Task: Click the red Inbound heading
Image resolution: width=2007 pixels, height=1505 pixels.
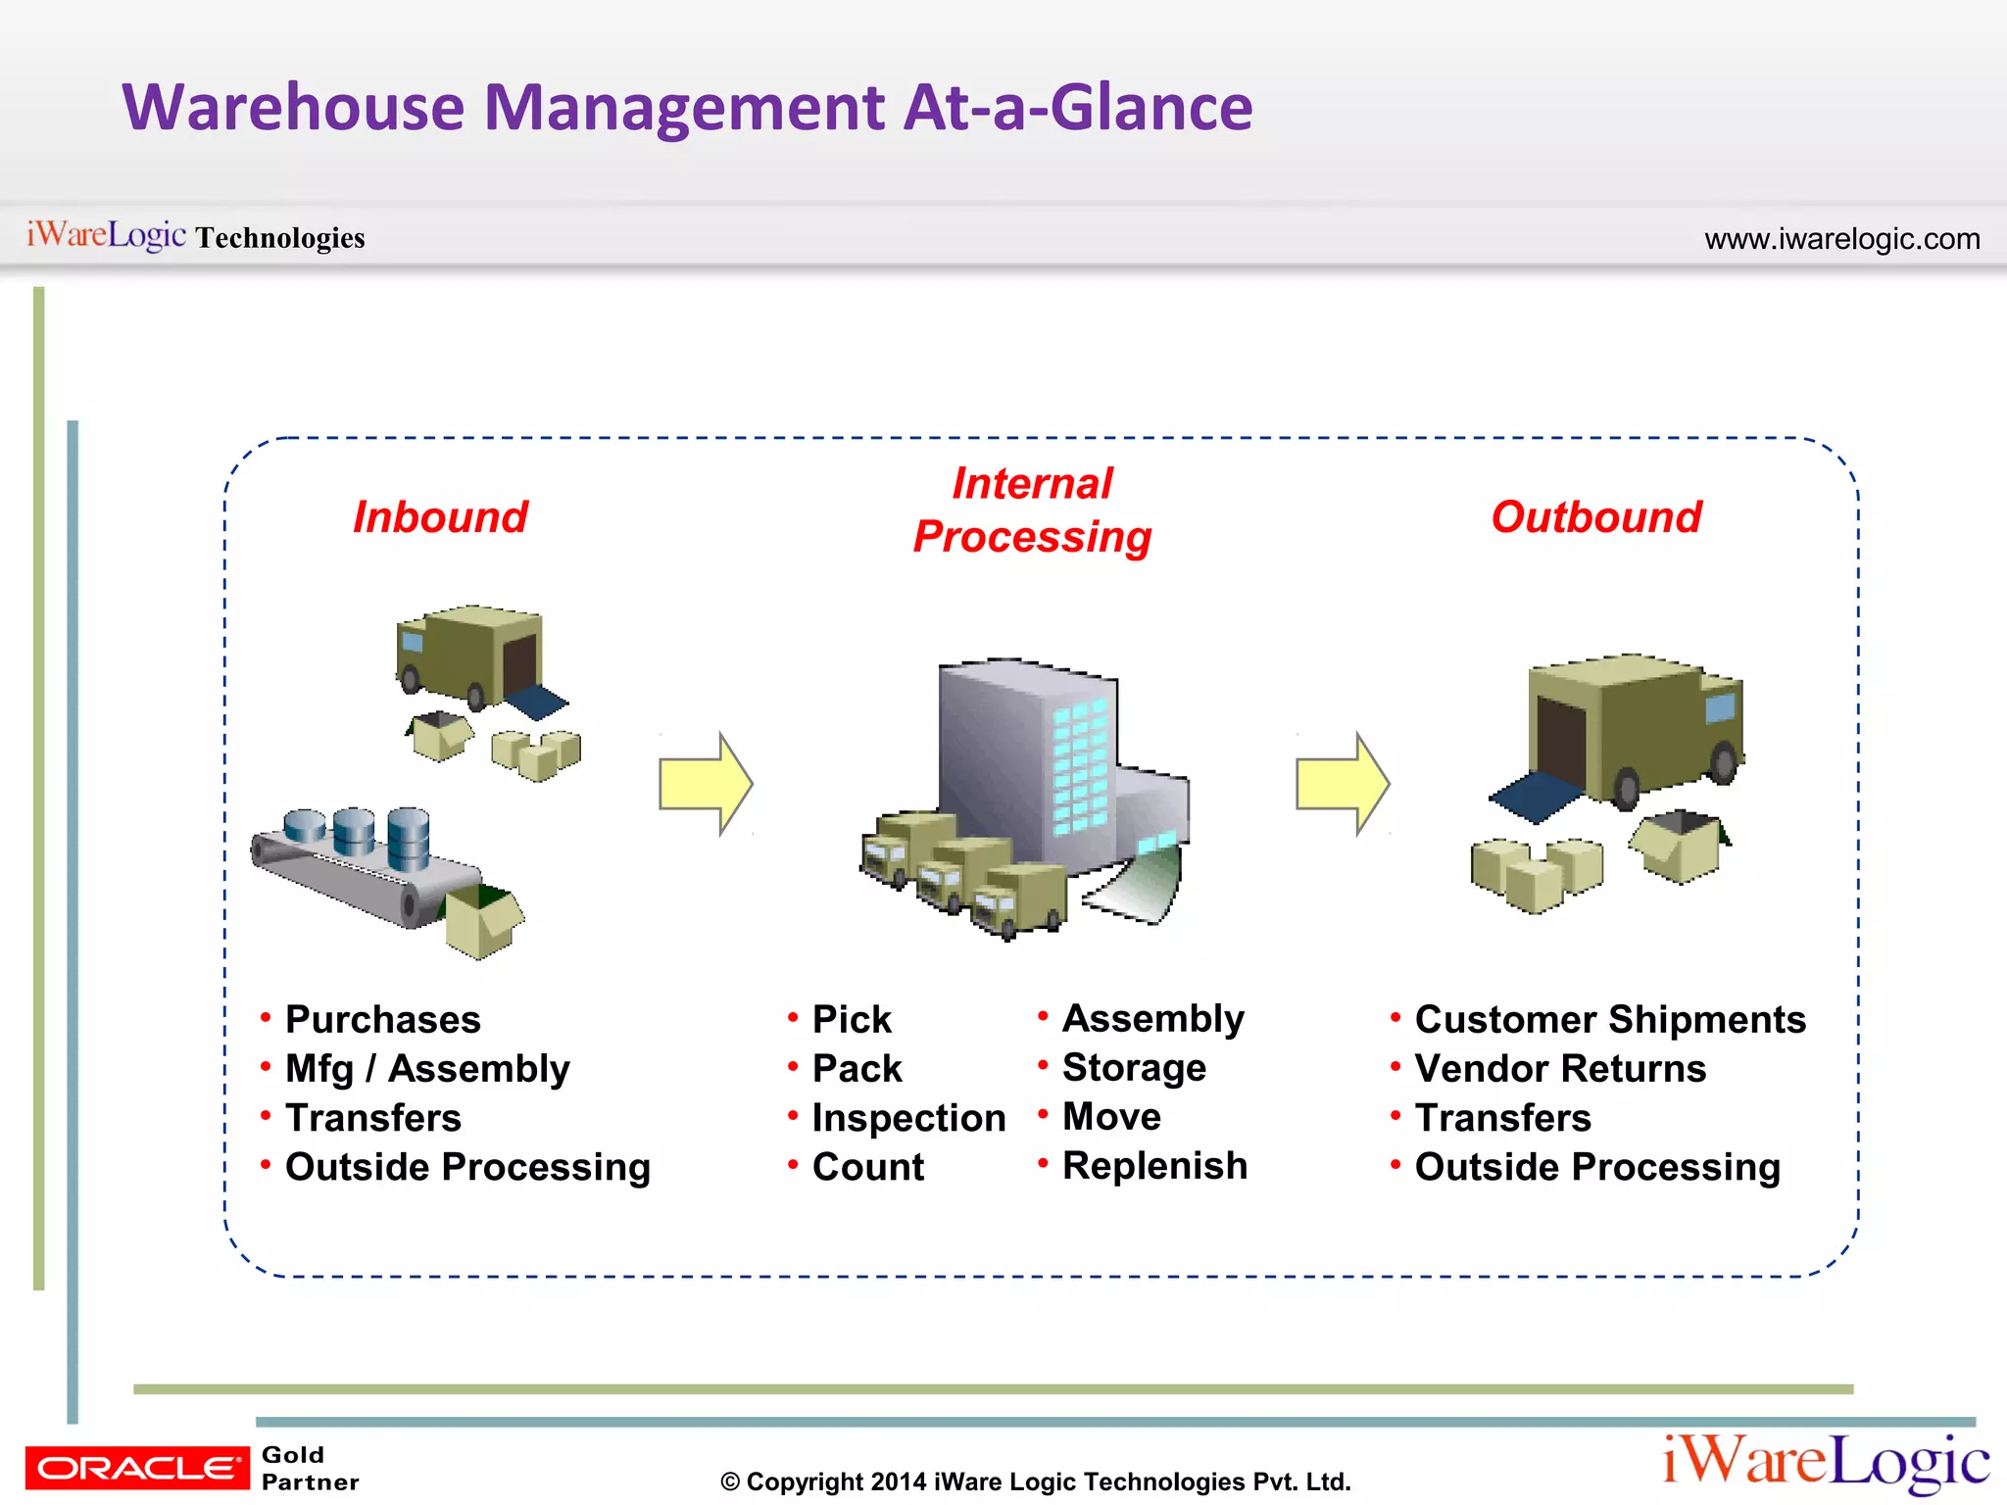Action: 440,517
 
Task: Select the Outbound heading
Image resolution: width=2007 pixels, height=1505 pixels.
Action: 1596,517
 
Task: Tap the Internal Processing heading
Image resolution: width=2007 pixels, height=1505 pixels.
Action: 1032,510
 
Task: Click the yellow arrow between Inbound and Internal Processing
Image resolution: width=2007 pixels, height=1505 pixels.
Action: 706,784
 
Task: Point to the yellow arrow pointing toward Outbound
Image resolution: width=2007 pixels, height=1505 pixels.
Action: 1343,784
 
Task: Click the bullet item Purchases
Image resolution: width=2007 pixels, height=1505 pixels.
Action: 382,1020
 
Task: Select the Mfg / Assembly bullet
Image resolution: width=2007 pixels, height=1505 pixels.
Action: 427,1069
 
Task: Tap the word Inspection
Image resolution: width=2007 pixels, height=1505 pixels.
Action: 908,1118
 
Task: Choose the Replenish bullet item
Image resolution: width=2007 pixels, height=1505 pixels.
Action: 1154,1166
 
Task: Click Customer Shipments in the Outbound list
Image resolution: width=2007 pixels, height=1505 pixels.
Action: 1610,1020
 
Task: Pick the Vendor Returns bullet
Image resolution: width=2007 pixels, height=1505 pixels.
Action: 1560,1069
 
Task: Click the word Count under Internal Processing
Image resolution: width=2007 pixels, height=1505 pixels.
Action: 868,1167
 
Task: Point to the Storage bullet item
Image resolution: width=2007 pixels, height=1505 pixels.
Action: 1134,1068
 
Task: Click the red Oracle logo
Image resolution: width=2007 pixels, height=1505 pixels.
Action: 137,1468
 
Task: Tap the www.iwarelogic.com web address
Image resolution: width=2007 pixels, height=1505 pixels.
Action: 1841,239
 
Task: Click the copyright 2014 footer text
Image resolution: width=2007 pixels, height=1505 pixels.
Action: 1035,1481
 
